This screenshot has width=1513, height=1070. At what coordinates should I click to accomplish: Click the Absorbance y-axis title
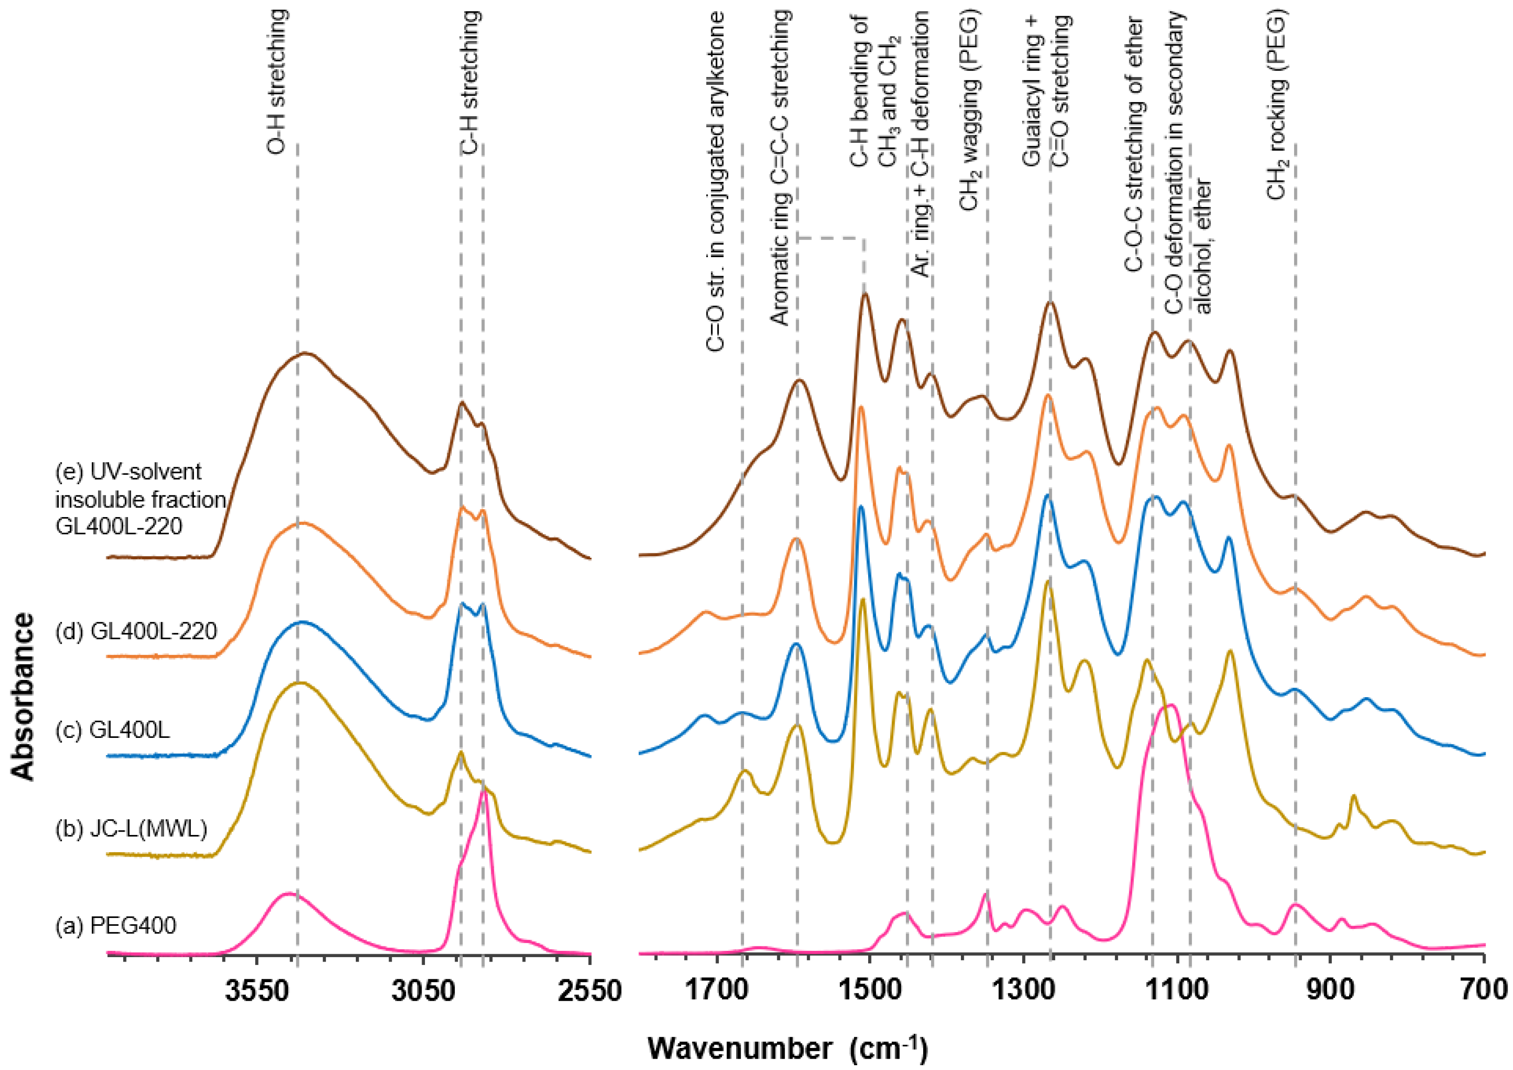tap(25, 697)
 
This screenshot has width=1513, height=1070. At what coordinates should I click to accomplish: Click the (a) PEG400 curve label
tap(116, 926)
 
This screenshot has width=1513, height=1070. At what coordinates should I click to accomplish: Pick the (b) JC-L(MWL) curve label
tap(131, 828)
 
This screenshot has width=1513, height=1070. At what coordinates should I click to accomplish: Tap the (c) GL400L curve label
tap(113, 730)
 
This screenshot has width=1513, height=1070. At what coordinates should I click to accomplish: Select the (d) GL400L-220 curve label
tap(136, 632)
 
